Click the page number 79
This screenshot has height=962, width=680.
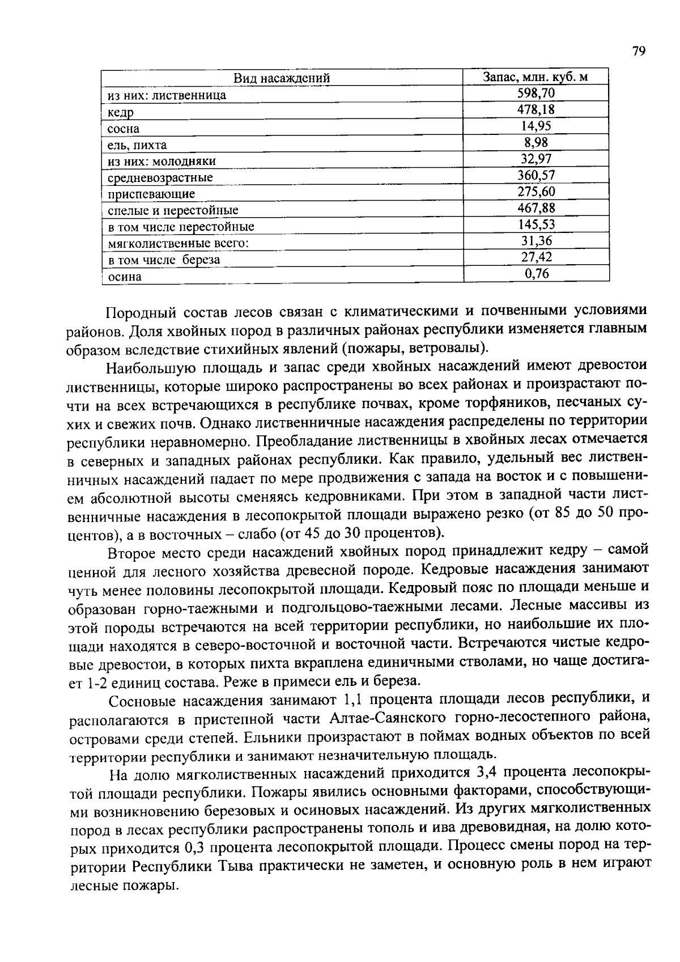pyautogui.click(x=638, y=52)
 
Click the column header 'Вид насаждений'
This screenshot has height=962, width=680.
pyautogui.click(x=282, y=78)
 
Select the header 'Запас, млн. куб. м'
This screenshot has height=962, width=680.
pyautogui.click(x=535, y=77)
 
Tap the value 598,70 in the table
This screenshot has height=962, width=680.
pyautogui.click(x=535, y=93)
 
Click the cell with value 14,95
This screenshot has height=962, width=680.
pyautogui.click(x=535, y=126)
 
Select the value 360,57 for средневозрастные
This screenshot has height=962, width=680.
pyautogui.click(x=535, y=175)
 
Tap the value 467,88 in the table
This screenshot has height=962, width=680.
pyautogui.click(x=535, y=208)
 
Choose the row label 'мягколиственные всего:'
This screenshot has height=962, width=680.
pyautogui.click(x=178, y=243)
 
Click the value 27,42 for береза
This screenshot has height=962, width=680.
pyautogui.click(x=535, y=257)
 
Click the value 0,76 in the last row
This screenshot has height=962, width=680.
pyautogui.click(x=535, y=274)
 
